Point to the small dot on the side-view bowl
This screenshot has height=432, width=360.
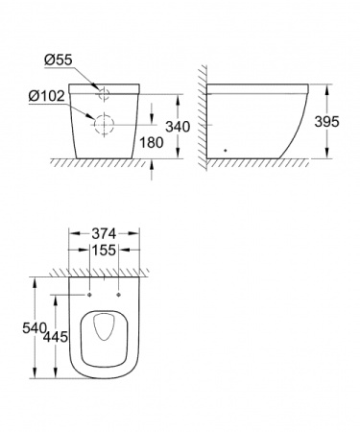click(x=224, y=150)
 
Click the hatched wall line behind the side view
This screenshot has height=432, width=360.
click(x=200, y=115)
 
